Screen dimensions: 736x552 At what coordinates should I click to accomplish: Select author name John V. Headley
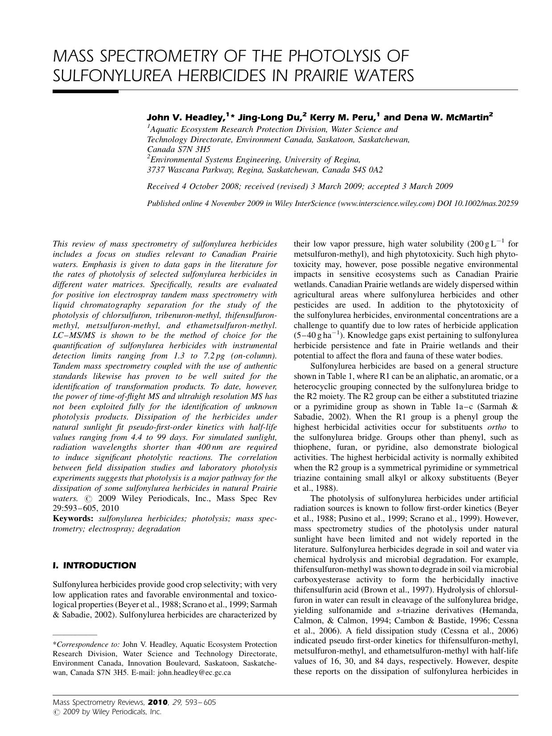tap(185, 118)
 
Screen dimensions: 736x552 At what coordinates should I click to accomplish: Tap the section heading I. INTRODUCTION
tap(95, 565)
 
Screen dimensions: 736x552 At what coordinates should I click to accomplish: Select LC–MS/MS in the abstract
tap(73, 335)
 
